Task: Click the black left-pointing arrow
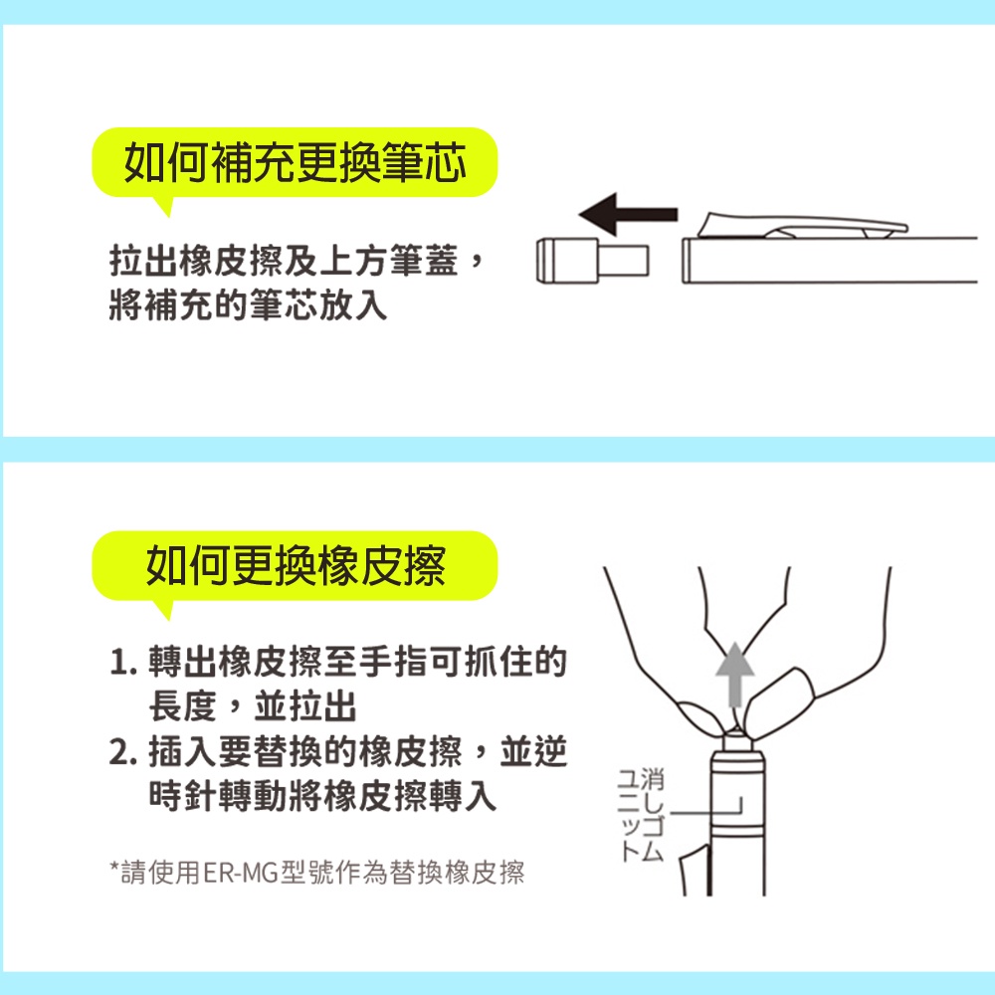tap(628, 214)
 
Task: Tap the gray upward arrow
tap(735, 675)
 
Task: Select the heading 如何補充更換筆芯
tap(296, 162)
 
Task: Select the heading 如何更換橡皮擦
tap(296, 565)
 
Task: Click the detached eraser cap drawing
tap(592, 261)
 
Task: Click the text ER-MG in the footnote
tap(241, 873)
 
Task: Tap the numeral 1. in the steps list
tap(123, 662)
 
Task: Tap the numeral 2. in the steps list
tap(123, 752)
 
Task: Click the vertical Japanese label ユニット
tap(629, 815)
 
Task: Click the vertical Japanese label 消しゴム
tap(652, 815)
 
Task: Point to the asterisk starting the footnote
tap(114, 867)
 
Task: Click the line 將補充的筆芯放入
tap(248, 305)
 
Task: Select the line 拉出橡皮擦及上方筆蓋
tap(284, 261)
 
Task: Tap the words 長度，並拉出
tap(253, 706)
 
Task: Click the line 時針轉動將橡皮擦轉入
tap(322, 796)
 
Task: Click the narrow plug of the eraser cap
tap(623, 261)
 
